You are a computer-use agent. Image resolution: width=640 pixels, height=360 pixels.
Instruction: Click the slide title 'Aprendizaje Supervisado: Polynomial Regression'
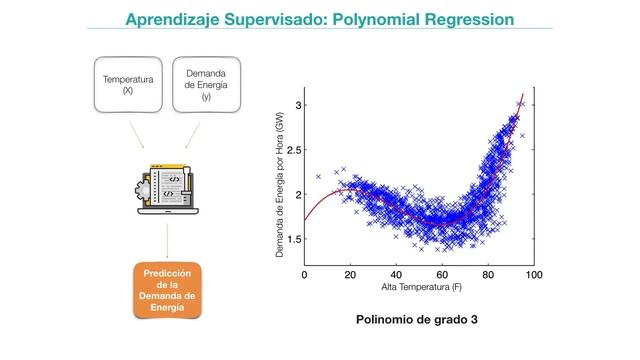point(320,19)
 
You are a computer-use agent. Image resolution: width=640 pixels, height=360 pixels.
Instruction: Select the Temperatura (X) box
point(127,83)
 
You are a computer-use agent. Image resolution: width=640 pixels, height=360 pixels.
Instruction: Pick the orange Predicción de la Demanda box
point(168,290)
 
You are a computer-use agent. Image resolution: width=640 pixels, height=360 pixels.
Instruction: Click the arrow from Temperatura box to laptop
point(139,133)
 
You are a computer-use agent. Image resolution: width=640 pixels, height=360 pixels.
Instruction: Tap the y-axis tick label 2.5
point(293,150)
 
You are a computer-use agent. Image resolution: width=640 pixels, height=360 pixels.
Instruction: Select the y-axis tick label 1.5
point(293,239)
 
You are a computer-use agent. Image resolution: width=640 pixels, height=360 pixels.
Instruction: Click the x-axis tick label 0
point(304,274)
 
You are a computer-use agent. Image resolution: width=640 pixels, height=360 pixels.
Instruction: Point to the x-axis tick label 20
point(350,274)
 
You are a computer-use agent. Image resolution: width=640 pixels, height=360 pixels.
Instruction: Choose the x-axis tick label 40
point(396,274)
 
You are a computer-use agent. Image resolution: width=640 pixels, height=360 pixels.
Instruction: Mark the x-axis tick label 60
point(442,274)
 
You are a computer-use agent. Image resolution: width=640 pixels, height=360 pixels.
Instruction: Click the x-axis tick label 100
point(534,274)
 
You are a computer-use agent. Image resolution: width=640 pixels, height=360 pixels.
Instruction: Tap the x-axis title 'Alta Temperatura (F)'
point(419,288)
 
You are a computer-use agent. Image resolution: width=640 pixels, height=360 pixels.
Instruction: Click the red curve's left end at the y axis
point(305,218)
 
